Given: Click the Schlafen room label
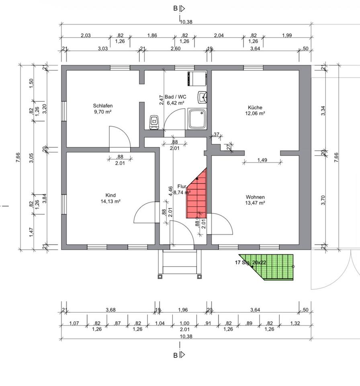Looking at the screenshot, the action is tap(102, 106).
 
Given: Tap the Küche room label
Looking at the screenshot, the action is tap(255, 107).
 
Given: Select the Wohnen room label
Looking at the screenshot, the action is tap(256, 197).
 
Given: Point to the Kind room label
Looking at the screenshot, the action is tap(110, 195).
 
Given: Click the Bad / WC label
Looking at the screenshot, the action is tap(176, 96).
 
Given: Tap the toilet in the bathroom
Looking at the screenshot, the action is tap(154, 122).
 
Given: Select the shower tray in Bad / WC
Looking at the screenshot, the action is tap(197, 119).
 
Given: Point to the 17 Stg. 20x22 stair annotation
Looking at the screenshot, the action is tap(250, 263).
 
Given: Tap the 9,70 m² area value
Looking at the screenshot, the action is tap(102, 112).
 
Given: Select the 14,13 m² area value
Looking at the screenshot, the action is tap(110, 201).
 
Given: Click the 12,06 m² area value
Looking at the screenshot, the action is tap(255, 113).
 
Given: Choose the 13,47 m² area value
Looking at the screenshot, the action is tap(256, 203).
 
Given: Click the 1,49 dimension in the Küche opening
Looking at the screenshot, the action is tap(262, 160).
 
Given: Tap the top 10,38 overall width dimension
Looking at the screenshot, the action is tap(186, 22).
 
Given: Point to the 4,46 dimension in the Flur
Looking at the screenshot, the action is tap(170, 190).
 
